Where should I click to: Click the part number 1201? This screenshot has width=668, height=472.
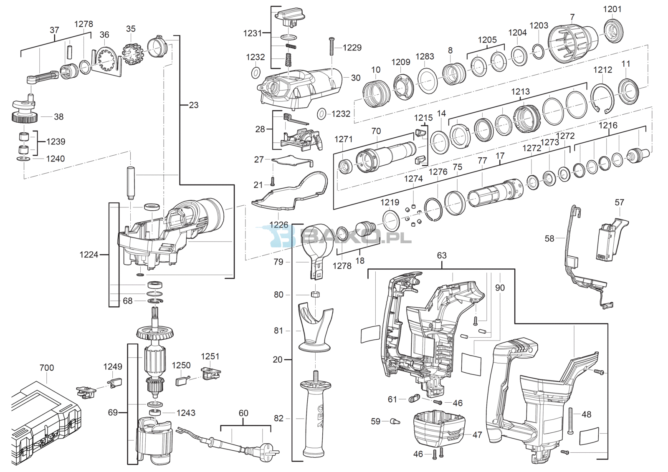[x=612, y=9]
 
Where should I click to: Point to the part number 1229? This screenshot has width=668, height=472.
[x=352, y=48]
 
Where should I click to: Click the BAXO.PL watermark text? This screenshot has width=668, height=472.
[x=357, y=238]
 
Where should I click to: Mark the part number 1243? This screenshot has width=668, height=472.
[x=186, y=413]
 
